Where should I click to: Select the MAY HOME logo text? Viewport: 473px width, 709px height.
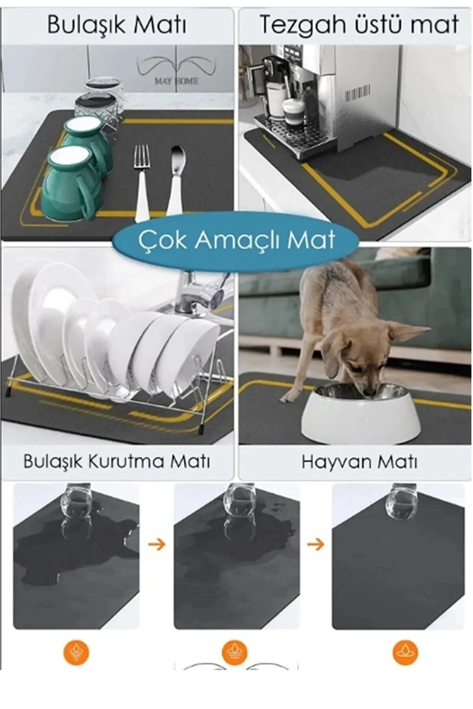pyautogui.click(x=176, y=81)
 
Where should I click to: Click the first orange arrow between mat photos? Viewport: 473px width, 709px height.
pyautogui.click(x=157, y=545)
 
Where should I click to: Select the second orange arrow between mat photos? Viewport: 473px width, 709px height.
pyautogui.click(x=315, y=545)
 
